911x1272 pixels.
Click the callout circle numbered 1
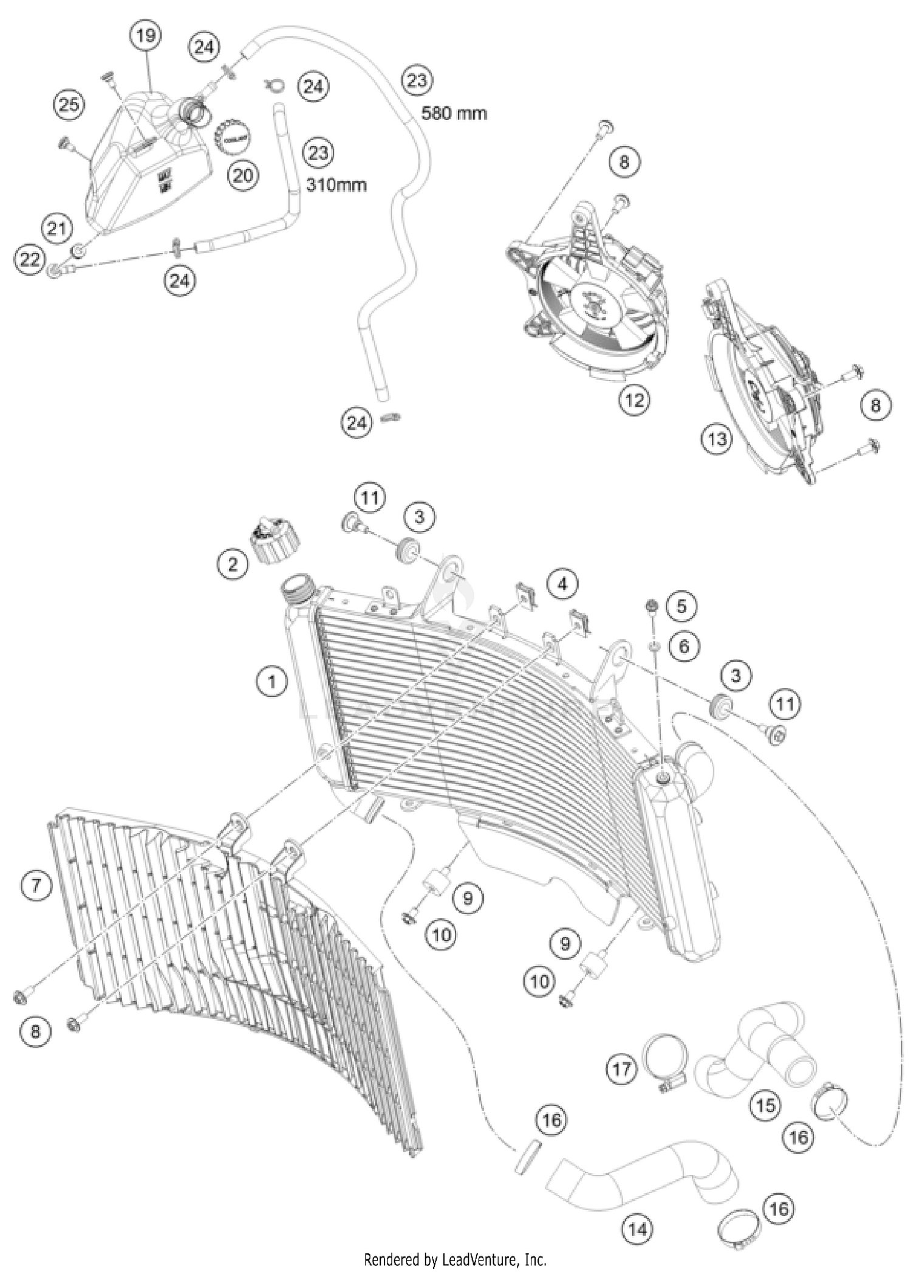click(x=271, y=682)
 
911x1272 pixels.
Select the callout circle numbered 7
click(x=36, y=885)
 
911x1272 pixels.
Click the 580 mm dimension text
click(x=454, y=113)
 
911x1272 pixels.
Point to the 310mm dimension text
click(x=336, y=184)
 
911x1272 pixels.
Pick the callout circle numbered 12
click(x=634, y=400)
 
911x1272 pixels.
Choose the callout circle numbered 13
click(x=717, y=438)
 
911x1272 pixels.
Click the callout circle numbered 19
click(x=146, y=36)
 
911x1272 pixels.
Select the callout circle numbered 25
click(x=69, y=105)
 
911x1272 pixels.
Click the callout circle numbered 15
click(x=765, y=1105)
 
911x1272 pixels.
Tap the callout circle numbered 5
click(x=681, y=606)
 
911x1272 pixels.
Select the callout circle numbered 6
click(x=684, y=646)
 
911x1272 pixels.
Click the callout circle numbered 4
click(x=562, y=584)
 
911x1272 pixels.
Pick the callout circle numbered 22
click(x=30, y=260)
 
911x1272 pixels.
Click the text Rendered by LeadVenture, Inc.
click(x=455, y=1259)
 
